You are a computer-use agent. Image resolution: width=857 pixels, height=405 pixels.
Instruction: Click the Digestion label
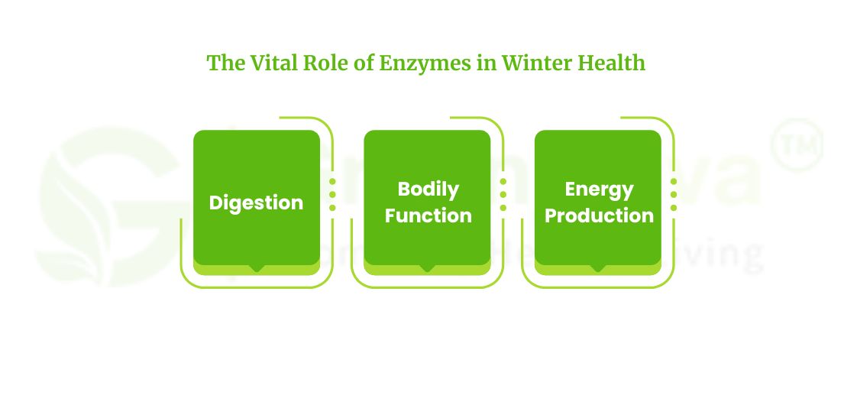point(256,202)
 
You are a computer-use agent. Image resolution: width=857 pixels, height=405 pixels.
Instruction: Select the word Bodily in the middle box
point(428,189)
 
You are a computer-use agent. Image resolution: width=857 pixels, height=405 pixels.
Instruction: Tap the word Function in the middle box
point(428,215)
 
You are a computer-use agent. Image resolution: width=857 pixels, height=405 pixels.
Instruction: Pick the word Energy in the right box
point(599,189)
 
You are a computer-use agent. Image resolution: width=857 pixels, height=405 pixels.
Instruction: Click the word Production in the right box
point(599,215)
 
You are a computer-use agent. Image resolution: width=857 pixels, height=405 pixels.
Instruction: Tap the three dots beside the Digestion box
point(332,195)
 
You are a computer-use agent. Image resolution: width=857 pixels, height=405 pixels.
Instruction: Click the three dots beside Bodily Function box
point(503,195)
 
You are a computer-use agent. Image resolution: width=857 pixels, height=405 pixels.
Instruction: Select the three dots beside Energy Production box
point(673,195)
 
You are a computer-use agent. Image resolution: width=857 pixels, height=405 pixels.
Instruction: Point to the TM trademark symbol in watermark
point(797,143)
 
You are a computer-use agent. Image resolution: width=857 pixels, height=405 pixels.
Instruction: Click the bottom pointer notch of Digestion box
point(257,268)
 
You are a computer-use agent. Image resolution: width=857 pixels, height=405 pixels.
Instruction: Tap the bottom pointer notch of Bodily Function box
point(427,268)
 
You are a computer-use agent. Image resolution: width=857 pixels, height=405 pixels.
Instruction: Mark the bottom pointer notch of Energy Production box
point(597,268)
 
